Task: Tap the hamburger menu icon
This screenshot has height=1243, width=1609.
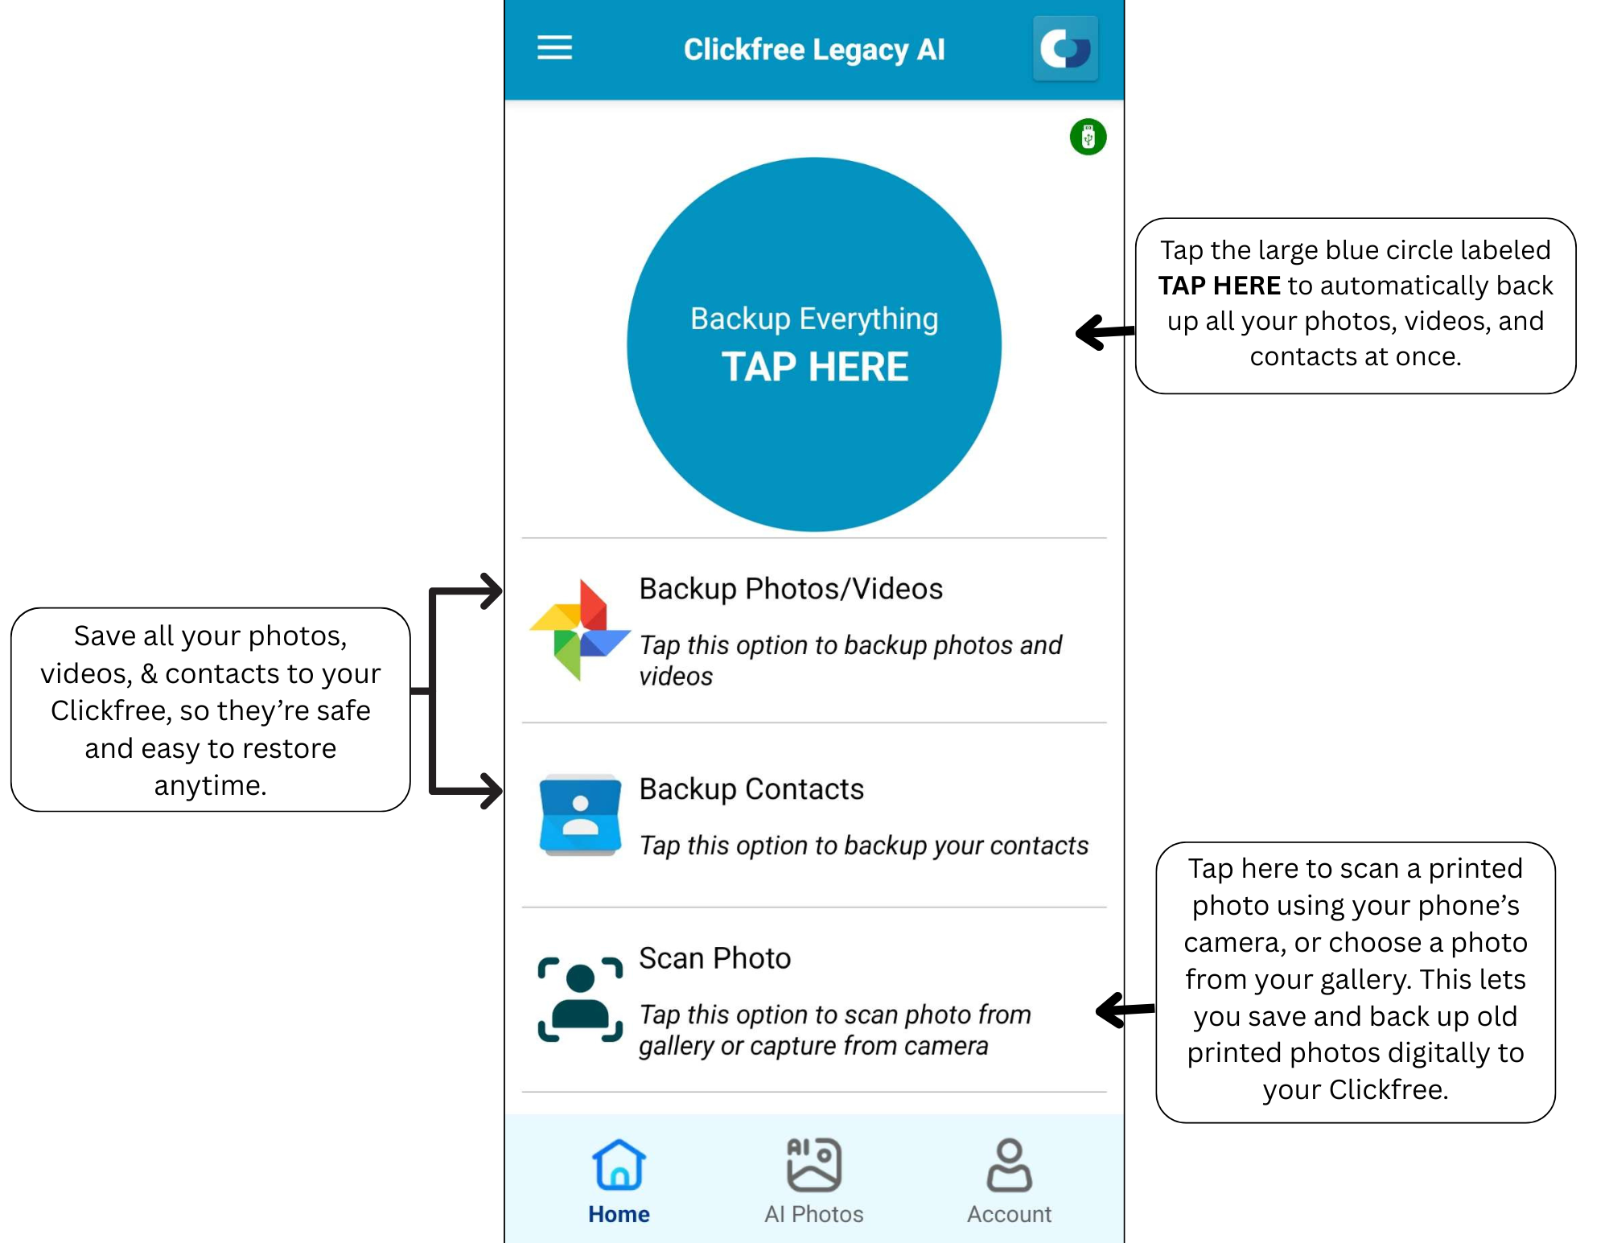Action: pyautogui.click(x=554, y=47)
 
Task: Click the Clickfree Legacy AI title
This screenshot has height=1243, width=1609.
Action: pyautogui.click(x=813, y=49)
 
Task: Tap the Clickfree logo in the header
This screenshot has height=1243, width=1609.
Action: pyautogui.click(x=1064, y=48)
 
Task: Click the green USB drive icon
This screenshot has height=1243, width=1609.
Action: pyautogui.click(x=1088, y=137)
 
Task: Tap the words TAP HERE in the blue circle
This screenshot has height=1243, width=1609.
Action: pyautogui.click(x=814, y=367)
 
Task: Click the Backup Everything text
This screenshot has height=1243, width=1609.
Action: pyautogui.click(x=813, y=319)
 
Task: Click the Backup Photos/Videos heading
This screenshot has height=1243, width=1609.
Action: pyautogui.click(x=790, y=589)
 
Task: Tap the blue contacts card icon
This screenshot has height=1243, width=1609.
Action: pyautogui.click(x=579, y=814)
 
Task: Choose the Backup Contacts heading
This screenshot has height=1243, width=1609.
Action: pyautogui.click(x=751, y=789)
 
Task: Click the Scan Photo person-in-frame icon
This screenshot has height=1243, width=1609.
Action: pyautogui.click(x=579, y=998)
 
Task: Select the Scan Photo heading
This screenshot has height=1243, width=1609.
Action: pyautogui.click(x=714, y=958)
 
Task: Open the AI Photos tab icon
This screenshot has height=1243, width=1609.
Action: pyautogui.click(x=813, y=1164)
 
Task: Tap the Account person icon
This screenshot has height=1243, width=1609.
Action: pyautogui.click(x=1009, y=1164)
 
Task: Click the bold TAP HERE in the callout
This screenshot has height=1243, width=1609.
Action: pyautogui.click(x=1219, y=286)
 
